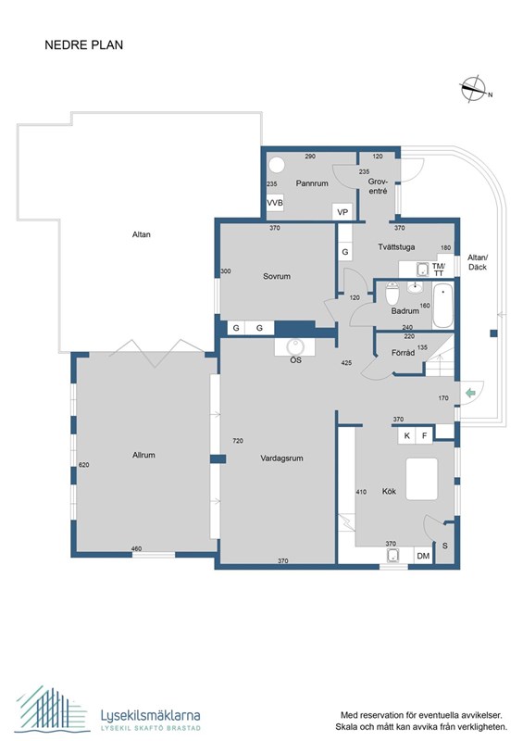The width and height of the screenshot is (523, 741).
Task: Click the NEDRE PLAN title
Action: point(83,44)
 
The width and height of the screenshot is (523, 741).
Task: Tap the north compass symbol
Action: point(473,88)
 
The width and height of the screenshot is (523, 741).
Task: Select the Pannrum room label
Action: point(312,183)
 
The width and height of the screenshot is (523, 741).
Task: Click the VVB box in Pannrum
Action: point(275,203)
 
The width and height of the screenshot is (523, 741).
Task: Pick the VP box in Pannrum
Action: point(342,212)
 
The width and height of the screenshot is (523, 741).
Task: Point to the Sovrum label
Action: point(277,276)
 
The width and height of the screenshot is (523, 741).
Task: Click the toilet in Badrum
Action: point(392,293)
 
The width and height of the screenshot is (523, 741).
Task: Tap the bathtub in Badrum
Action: point(442,306)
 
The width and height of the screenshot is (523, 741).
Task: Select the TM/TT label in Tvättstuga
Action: point(439,270)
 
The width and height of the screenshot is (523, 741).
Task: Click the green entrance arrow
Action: point(470,393)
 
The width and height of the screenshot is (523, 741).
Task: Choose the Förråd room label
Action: point(403,353)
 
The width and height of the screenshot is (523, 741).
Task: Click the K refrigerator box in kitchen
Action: point(406,435)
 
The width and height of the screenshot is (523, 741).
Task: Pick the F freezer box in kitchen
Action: point(424,435)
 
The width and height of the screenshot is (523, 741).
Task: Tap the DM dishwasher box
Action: point(423,556)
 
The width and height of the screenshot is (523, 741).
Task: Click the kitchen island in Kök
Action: point(422,479)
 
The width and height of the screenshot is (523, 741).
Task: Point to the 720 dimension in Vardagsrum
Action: point(238,441)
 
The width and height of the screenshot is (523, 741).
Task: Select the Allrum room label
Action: point(143,455)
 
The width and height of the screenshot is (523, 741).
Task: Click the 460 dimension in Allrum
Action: point(136,548)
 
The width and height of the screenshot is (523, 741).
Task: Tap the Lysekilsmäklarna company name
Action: point(150,715)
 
